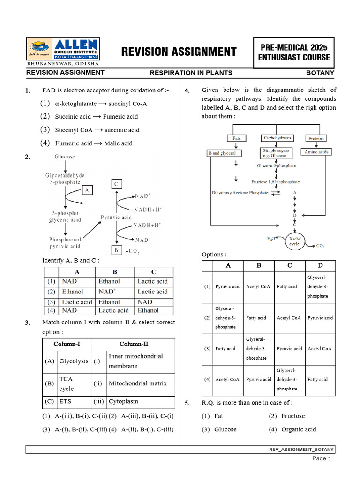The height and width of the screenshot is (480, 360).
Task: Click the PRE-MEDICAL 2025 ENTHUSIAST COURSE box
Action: (294, 52)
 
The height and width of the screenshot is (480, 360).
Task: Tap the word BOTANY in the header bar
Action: (320, 73)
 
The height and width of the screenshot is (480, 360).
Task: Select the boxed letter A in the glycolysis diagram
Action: (87, 189)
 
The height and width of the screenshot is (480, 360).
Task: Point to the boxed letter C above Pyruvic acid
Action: (116, 184)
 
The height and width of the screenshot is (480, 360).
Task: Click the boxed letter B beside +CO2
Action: (116, 251)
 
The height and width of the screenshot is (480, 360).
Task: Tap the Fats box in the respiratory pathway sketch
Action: (236, 138)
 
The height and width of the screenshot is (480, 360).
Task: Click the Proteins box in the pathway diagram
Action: (316, 138)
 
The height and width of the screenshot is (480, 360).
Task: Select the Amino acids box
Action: (316, 152)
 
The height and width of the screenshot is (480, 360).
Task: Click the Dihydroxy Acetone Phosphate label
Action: (240, 193)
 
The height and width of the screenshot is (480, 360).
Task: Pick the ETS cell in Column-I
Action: (65, 402)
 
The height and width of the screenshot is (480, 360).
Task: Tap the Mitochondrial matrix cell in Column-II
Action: (137, 383)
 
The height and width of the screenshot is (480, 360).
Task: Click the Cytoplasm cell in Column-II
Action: (123, 402)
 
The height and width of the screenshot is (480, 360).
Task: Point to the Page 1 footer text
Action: (322, 458)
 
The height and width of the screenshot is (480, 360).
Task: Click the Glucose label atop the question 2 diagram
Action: (65, 157)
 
